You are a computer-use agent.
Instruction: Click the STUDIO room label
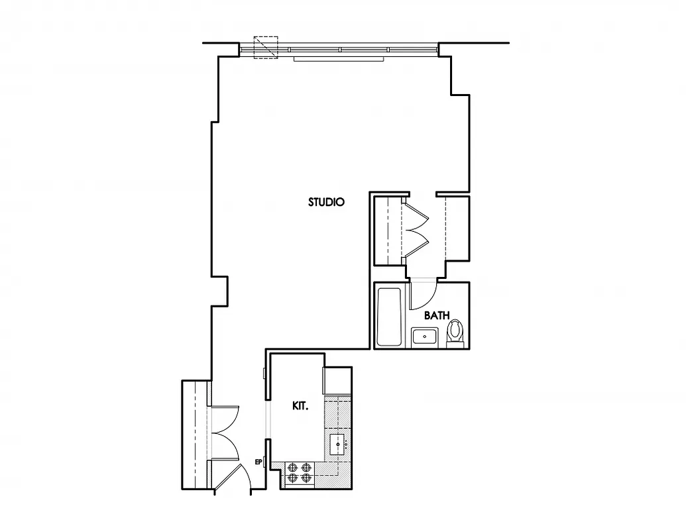[326, 202]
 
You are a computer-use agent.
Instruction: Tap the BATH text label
[436, 315]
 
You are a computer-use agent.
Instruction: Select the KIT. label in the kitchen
[300, 406]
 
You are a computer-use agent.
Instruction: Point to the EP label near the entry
[258, 462]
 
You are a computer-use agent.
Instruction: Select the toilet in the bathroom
[455, 332]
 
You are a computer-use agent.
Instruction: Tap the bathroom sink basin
[423, 337]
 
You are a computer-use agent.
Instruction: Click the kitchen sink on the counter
[338, 444]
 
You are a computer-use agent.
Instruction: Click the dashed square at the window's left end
[266, 48]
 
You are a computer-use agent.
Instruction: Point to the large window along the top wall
[338, 49]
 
